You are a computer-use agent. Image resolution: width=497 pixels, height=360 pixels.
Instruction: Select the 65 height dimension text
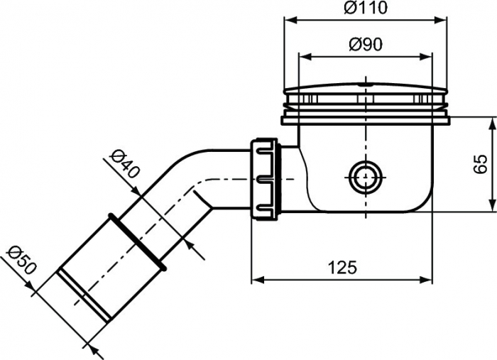coord(480,163)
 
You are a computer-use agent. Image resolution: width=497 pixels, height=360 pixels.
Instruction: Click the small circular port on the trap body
coord(364,177)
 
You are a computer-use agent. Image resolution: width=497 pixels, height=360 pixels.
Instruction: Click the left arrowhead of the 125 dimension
coord(256,279)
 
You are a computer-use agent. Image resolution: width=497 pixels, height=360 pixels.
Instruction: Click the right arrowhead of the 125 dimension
coord(429,279)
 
